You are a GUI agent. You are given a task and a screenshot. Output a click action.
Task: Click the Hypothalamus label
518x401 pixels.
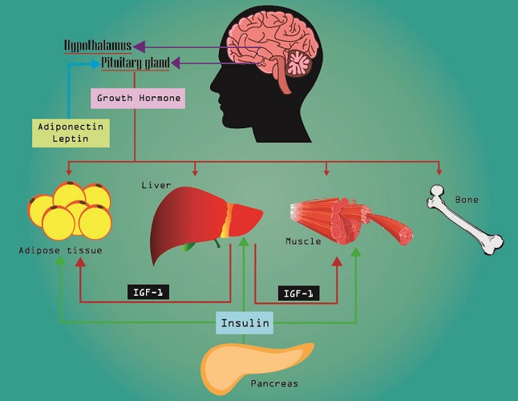pos(98,46)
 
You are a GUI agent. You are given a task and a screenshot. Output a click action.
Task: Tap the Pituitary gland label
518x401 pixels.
pos(136,63)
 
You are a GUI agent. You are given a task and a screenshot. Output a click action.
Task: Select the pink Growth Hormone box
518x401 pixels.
pos(138,98)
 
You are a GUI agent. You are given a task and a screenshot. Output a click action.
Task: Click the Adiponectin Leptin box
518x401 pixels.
pos(71,133)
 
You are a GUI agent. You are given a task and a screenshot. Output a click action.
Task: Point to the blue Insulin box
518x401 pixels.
pos(245,322)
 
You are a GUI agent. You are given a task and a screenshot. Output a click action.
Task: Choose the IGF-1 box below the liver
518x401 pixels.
pos(148,292)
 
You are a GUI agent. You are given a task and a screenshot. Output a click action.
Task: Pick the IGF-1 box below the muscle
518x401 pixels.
pos(298,293)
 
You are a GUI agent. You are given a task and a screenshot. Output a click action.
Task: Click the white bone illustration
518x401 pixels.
pos(465,221)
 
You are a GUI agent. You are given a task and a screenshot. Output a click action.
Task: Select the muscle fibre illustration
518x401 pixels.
pos(350,220)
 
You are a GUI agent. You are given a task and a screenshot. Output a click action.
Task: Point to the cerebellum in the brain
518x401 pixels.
pos(298,63)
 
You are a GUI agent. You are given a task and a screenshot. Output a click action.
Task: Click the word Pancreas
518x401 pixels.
pos(274,383)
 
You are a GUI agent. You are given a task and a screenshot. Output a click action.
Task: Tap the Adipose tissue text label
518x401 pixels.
pos(60,250)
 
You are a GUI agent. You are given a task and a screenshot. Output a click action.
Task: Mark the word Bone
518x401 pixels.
pos(467,200)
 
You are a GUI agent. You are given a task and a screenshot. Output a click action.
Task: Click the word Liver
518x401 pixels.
pos(156,185)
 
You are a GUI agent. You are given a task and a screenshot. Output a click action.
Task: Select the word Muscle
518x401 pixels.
pos(303,241)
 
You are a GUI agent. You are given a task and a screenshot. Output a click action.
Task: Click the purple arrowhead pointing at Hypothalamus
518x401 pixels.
pos(139,47)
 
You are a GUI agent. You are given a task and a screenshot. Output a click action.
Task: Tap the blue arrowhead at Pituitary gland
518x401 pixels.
pos(96,63)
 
